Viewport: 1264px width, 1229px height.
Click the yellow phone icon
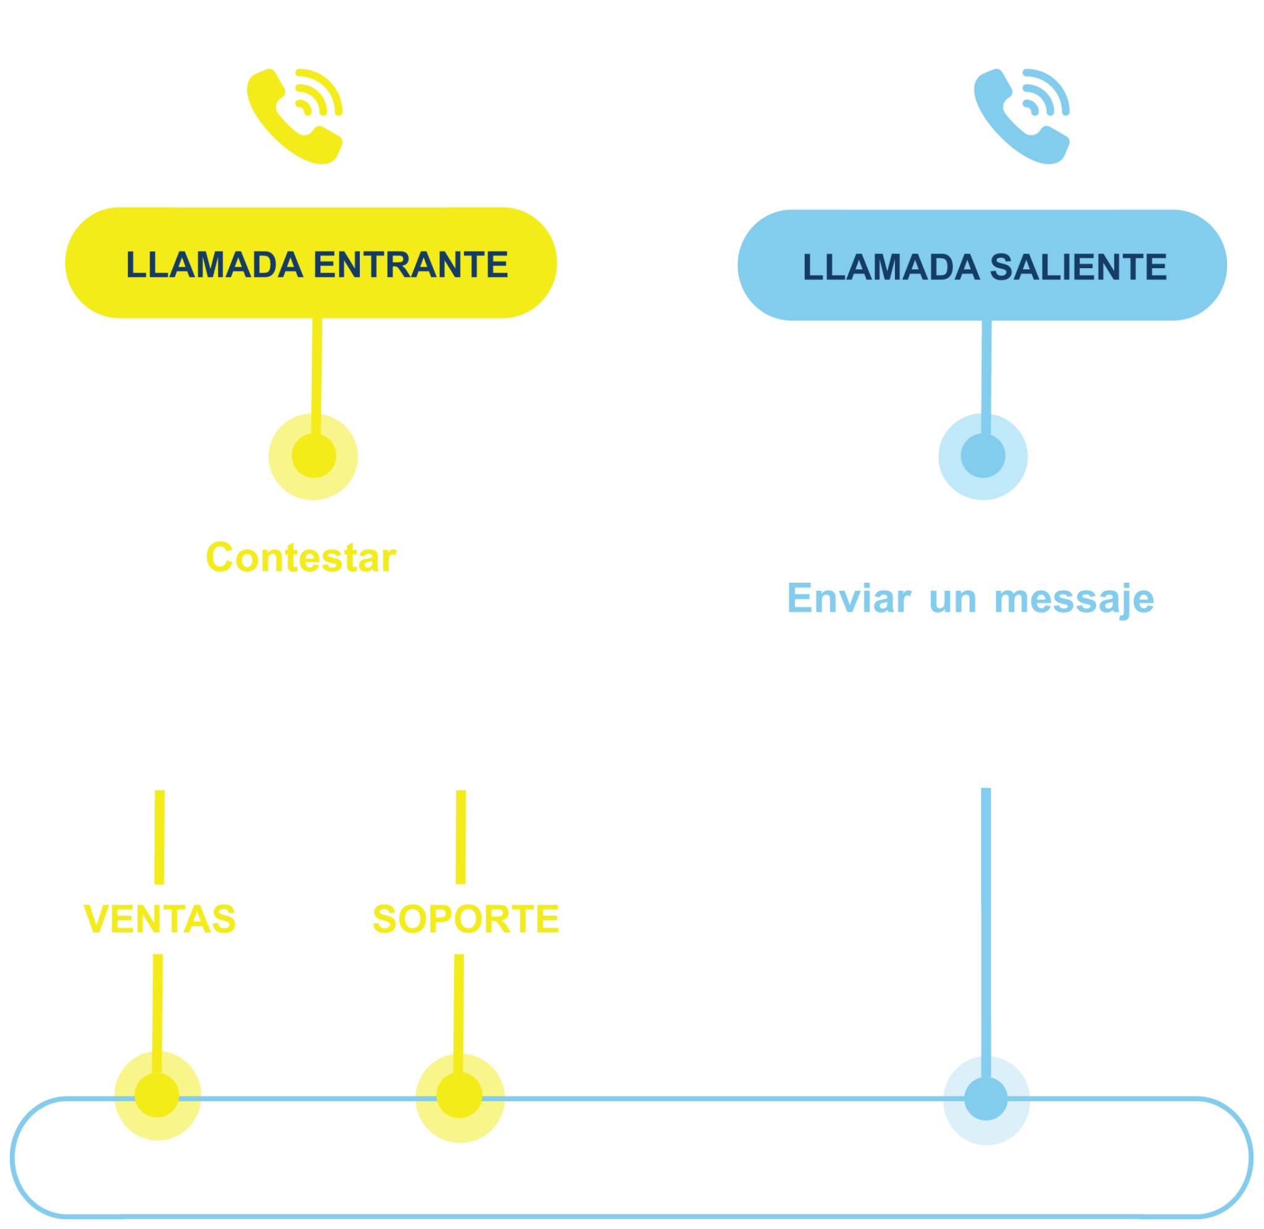(x=294, y=116)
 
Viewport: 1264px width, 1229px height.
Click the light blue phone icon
(x=1021, y=116)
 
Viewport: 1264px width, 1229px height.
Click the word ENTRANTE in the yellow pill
(x=411, y=265)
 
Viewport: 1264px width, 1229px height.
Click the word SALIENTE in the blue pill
(x=1078, y=267)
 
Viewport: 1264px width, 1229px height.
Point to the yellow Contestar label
(x=301, y=557)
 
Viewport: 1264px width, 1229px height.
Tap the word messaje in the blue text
(x=1073, y=599)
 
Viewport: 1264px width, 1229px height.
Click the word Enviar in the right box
(x=849, y=598)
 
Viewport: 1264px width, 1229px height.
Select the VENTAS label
(x=159, y=919)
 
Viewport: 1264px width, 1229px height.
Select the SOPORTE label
(x=466, y=919)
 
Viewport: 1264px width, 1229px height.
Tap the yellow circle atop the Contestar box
(x=314, y=456)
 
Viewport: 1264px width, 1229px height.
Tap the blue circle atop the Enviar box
(x=983, y=456)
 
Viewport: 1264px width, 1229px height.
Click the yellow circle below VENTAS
(x=157, y=1096)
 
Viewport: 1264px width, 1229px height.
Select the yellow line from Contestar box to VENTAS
(x=159, y=837)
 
